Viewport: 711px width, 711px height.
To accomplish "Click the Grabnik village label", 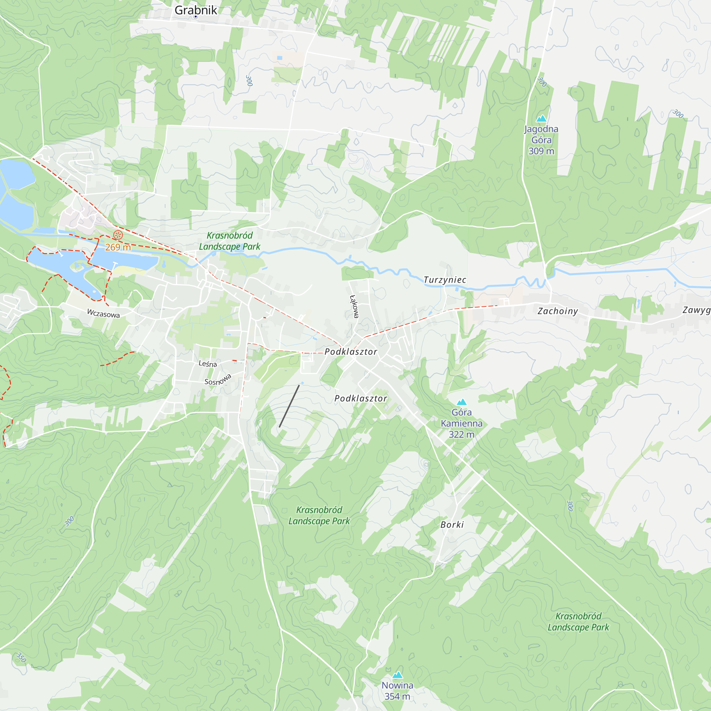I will coord(196,10).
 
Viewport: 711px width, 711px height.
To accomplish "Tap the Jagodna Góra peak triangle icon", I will coord(541,118).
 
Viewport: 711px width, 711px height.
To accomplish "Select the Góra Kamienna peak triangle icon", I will coord(461,402).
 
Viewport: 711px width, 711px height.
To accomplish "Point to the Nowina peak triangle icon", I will coord(397,675).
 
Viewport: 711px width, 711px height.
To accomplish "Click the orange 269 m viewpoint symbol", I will coord(118,235).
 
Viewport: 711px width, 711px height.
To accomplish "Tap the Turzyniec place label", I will coord(445,280).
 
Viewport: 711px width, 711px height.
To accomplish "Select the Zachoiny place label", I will coord(557,311).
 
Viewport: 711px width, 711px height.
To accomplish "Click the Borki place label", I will coord(452,525).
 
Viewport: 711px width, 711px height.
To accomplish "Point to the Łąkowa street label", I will coord(354,306).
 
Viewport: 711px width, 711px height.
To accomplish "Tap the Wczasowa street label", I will coord(103,314).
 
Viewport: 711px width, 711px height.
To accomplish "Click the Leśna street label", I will coord(208,364).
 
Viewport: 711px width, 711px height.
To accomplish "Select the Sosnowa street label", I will coord(218,379).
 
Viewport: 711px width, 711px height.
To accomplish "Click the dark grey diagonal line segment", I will coord(289,406).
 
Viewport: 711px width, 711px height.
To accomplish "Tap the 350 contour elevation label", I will coord(21,658).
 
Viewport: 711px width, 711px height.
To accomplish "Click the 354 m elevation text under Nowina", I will coord(397,696).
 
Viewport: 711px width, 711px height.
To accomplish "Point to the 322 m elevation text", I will coord(461,434).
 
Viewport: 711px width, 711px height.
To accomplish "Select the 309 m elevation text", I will coord(541,151).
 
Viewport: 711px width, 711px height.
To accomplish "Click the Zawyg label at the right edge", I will coord(696,310).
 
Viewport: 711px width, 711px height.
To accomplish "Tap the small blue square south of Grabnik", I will coord(280,58).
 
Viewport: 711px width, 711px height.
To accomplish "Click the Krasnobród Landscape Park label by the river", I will coord(230,241).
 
